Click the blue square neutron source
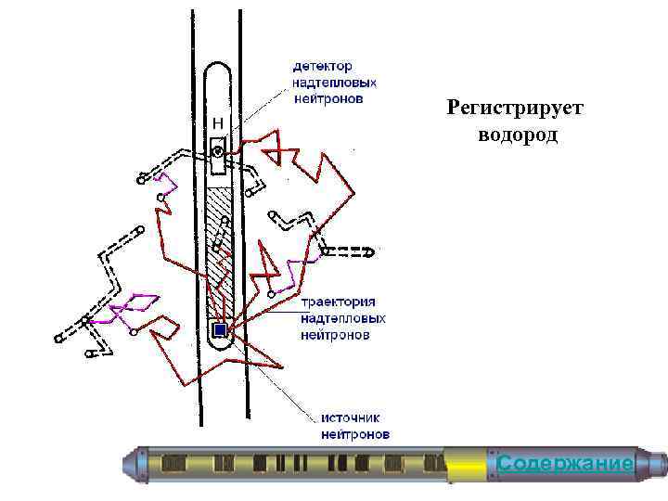220,329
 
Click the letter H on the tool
218,122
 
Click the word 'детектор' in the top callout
322,66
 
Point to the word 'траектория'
337,302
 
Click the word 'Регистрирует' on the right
515,109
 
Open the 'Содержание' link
565,463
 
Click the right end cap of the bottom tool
653,462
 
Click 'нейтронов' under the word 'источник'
354,434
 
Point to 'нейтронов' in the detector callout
328,97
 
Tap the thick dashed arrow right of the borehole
350,250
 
